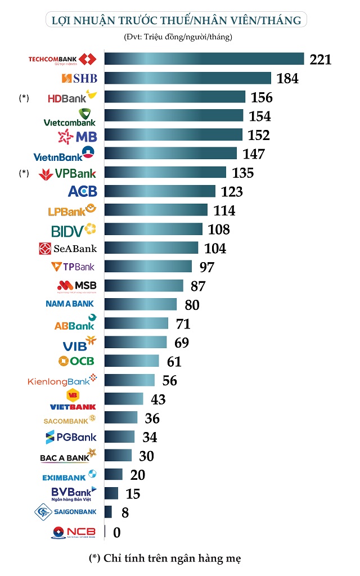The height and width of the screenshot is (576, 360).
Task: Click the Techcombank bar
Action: coord(204,59)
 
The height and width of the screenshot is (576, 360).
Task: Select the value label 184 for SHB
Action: coord(287,78)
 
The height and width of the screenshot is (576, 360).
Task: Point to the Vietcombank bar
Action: coord(174,116)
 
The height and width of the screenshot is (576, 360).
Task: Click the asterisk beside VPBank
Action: coord(24,173)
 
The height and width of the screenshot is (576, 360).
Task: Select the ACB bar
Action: coord(160,191)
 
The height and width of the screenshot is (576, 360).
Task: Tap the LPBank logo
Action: coord(73,211)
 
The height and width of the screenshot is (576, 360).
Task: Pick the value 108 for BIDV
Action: coord(218,229)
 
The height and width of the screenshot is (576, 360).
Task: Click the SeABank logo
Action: coord(68,249)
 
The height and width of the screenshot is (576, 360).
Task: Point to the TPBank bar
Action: coord(148,267)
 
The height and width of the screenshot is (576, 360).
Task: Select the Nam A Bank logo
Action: coord(71,304)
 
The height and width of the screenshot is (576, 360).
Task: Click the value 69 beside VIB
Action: coord(181,343)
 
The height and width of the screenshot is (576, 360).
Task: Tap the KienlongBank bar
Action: coord(129,380)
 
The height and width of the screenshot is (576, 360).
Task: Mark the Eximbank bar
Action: coord(114,475)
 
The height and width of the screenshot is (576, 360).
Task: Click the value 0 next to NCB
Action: coord(117,532)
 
